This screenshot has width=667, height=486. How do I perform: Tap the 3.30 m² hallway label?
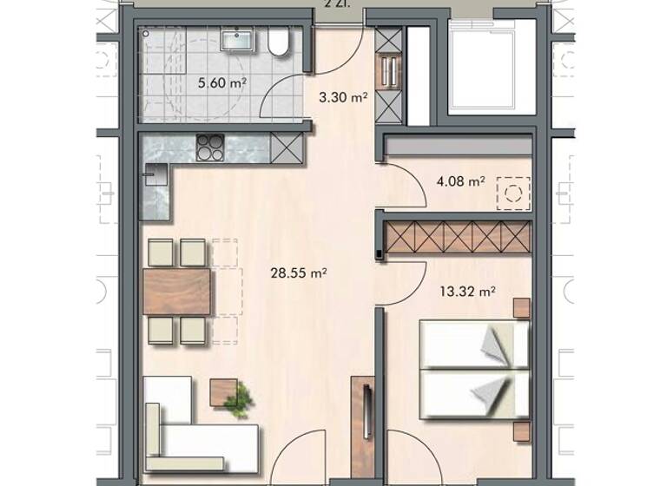(x=344, y=97)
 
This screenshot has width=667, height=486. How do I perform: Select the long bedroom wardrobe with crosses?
(x=458, y=237)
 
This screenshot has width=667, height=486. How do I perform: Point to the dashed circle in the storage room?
(x=513, y=191)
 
